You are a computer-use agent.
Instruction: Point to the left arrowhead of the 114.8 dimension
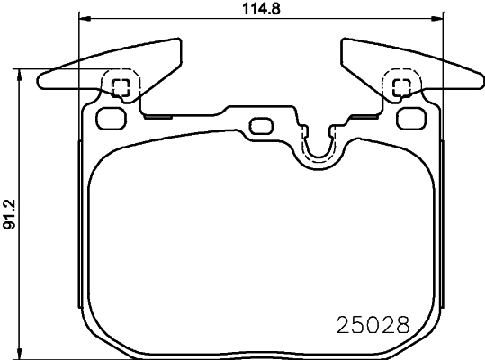(84, 19)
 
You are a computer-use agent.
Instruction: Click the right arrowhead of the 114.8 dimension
(440, 19)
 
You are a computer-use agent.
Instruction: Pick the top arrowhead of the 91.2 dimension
(21, 76)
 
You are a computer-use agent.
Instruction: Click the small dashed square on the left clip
(121, 87)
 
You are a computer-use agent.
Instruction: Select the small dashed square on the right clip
(402, 87)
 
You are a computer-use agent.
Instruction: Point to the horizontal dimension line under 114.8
(180, 19)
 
